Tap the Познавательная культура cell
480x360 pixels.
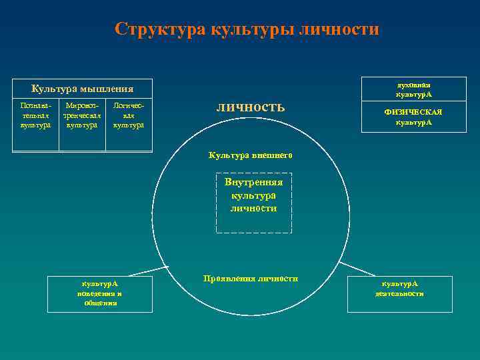35,115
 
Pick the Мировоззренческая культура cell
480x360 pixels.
82,115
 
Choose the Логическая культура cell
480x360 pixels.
129,115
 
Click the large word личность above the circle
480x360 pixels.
251,107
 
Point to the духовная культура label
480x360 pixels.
413,89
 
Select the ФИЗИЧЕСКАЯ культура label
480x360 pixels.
413,117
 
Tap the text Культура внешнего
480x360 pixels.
251,155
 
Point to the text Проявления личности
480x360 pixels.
251,278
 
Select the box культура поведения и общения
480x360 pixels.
100,293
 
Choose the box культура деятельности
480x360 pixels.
399,293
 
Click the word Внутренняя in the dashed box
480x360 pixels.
254,182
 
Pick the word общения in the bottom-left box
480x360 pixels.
101,303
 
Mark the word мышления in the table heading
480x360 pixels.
107,89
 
